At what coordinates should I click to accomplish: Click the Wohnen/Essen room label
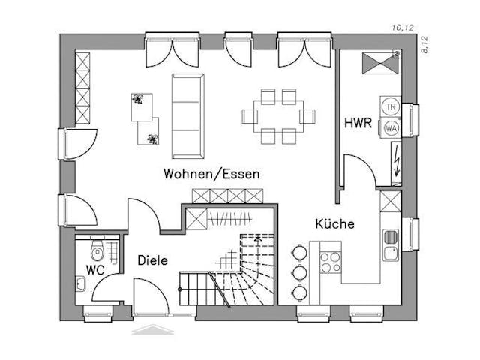(x=212, y=174)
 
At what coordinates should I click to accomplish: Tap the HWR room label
(x=358, y=123)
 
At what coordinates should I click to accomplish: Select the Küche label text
(x=334, y=223)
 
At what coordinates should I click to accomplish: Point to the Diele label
(x=152, y=260)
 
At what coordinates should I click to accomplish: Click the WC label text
(x=94, y=268)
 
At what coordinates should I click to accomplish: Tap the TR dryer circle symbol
(x=391, y=107)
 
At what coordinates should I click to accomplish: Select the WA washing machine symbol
(x=391, y=127)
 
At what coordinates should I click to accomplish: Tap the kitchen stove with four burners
(x=330, y=261)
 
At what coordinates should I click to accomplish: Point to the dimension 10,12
(x=403, y=28)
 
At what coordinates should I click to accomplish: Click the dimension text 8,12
(x=424, y=46)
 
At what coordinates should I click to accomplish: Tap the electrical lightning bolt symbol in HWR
(x=394, y=160)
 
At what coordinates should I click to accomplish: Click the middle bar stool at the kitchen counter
(x=299, y=271)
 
